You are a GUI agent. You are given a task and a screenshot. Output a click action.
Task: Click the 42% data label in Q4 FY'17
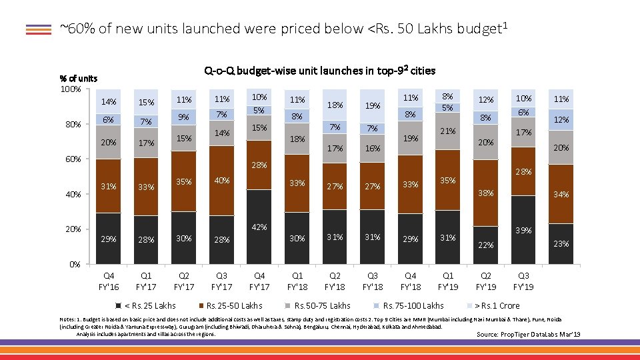[259, 227]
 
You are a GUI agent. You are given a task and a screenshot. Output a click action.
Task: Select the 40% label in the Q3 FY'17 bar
[221, 180]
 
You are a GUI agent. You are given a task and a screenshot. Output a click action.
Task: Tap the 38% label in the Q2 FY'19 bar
[485, 193]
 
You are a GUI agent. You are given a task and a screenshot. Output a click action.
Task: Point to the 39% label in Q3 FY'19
[524, 230]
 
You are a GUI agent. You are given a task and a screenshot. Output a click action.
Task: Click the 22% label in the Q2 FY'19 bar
[485, 245]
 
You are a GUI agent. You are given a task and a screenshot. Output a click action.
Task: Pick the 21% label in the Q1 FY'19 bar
[448, 131]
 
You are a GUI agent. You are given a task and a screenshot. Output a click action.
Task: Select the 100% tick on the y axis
[71, 89]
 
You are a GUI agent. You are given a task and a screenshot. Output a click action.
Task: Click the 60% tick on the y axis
[73, 159]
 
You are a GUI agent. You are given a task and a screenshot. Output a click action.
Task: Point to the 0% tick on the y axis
[75, 264]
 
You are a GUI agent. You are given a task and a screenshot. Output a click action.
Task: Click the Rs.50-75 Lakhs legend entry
[322, 306]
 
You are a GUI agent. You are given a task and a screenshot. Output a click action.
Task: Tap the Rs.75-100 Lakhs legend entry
[413, 306]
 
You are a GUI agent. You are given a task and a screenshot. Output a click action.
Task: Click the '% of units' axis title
[79, 79]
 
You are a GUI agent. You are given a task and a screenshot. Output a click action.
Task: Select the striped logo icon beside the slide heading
[39, 29]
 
